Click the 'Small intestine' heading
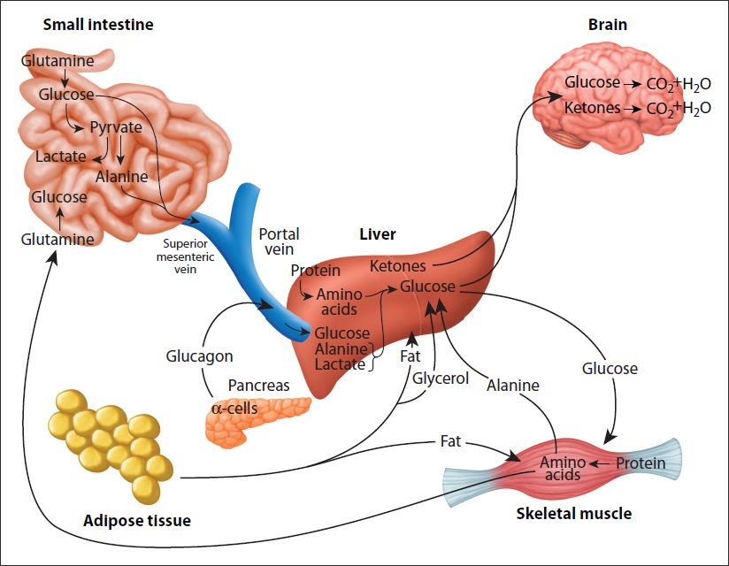point(98,25)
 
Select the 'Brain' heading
point(608,25)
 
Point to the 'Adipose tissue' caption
point(137,520)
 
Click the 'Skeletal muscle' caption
point(574,513)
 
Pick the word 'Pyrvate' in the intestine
point(116,127)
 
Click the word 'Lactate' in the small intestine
point(61,157)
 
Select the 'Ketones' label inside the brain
point(592,109)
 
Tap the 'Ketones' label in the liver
point(397,266)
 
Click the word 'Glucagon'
point(200,356)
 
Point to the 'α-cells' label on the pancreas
point(234,409)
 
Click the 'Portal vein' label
point(279,242)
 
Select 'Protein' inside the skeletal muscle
point(641,463)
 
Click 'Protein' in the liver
point(315,270)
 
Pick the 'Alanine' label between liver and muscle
point(512,385)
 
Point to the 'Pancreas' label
point(259,386)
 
